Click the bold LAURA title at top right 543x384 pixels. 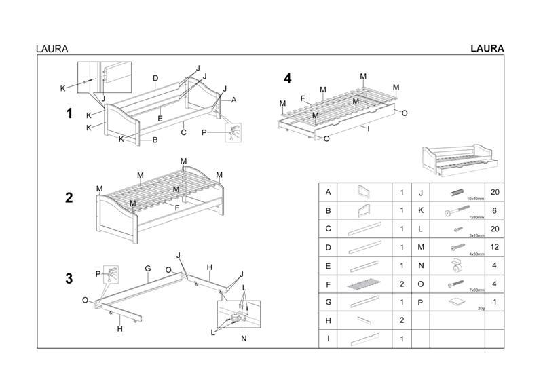click(486, 48)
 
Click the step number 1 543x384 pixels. click(69, 114)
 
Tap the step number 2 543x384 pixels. click(69, 198)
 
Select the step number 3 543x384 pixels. click(69, 277)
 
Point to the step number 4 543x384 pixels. click(288, 79)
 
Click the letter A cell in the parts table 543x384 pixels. click(329, 193)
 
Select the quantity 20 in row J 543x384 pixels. click(494, 193)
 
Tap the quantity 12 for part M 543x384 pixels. click(494, 248)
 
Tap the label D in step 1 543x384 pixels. click(155, 79)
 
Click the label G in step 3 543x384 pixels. click(147, 269)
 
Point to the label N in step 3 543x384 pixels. click(244, 338)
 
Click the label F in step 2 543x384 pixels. click(177, 207)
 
